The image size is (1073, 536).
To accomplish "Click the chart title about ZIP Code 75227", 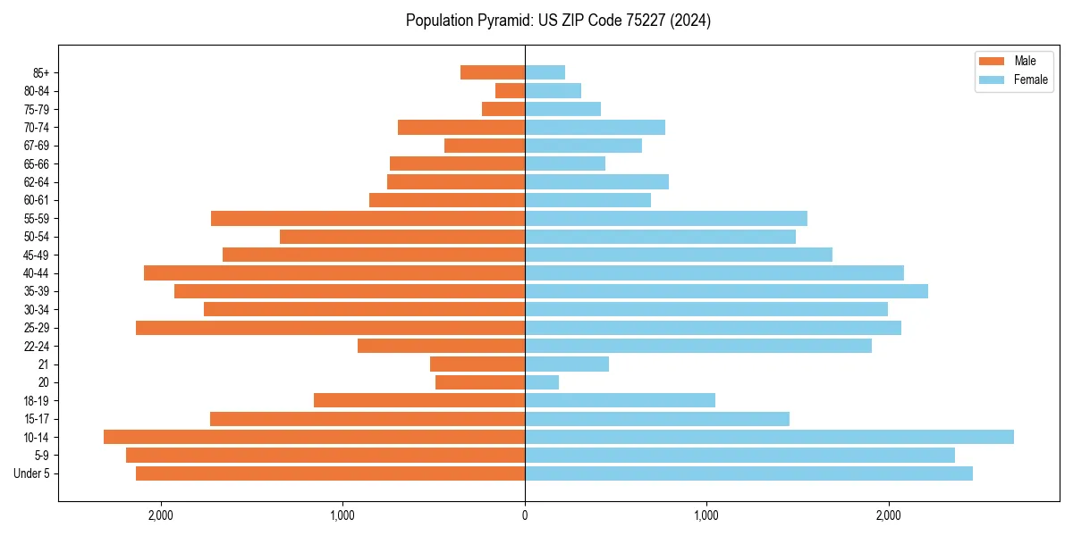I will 558,21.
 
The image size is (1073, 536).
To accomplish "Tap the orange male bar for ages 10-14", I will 314,437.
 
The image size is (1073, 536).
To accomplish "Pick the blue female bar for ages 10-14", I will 769,437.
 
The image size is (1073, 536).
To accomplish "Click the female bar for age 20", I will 542,382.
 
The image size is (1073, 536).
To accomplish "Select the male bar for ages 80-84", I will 510,90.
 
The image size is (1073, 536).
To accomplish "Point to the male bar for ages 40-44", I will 334,272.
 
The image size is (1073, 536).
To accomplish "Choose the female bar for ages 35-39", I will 726,291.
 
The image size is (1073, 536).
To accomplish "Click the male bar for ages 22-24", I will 441,346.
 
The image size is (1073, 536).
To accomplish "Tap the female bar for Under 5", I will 748,473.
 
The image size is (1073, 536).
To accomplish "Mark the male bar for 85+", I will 493,72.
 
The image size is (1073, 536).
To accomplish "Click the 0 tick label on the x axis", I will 525,515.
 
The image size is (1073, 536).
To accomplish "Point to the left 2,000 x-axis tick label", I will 161,515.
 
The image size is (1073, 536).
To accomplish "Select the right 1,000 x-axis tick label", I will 706,515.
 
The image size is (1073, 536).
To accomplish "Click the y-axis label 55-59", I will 37,218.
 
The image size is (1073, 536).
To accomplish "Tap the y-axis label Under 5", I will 32,473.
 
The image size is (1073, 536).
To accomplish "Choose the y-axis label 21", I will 43,364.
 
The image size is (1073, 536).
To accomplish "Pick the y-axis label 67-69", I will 37,146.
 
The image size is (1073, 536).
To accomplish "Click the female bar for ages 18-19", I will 620,400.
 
